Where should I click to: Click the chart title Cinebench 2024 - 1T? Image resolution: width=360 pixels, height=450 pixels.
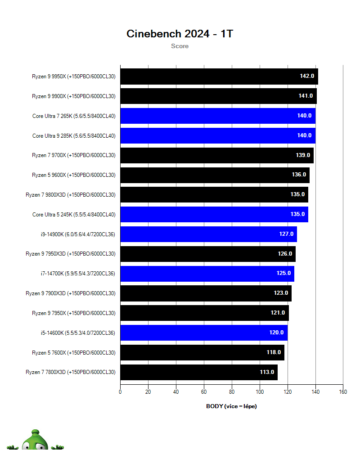click(x=180, y=34)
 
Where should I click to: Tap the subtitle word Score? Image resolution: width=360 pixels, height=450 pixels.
click(x=180, y=46)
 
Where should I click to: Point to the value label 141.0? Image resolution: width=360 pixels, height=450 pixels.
click(x=306, y=96)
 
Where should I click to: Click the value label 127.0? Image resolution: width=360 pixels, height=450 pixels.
click(x=286, y=234)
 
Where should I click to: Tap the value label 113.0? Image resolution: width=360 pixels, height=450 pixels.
click(x=267, y=372)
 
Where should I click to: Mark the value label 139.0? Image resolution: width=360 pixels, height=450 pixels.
click(x=303, y=155)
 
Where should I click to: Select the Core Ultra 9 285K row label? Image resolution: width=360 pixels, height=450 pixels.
click(x=74, y=135)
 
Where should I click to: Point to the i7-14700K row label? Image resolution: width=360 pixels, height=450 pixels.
click(x=78, y=274)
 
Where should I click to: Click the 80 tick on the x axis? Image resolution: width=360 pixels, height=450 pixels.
click(x=232, y=392)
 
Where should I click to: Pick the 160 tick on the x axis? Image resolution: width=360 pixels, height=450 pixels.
click(x=343, y=392)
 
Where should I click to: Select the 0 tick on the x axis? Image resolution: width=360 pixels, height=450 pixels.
click(x=120, y=392)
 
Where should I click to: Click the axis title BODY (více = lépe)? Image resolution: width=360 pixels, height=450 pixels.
click(x=231, y=406)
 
